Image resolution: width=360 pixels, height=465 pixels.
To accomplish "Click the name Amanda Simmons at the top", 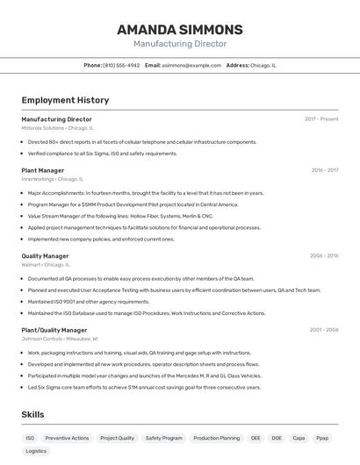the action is (x=180, y=30).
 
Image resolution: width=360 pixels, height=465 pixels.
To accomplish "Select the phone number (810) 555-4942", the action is (x=121, y=66).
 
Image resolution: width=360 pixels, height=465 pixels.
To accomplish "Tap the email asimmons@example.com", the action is (x=191, y=66).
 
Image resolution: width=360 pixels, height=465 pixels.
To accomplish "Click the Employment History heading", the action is (x=65, y=101).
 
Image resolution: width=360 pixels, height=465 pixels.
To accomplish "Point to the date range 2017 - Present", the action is (x=321, y=119).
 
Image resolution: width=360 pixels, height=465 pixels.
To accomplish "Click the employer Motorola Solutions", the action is (x=43, y=128).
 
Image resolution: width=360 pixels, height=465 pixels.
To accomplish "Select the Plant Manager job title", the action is (x=42, y=170).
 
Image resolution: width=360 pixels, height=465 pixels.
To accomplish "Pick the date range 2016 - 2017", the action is (x=324, y=170).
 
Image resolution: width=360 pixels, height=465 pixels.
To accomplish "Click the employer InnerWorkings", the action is (x=38, y=179).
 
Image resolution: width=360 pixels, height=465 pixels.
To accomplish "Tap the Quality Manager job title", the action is (x=45, y=256).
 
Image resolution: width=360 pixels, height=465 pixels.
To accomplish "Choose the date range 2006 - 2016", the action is (x=324, y=256).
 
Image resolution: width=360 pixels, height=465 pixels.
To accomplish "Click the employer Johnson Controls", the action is (x=42, y=339).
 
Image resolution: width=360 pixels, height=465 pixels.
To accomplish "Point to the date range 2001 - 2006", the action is (x=324, y=330).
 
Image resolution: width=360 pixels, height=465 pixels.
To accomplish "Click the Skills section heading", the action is (x=33, y=415).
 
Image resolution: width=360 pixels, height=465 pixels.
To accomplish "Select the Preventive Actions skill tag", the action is (x=67, y=438).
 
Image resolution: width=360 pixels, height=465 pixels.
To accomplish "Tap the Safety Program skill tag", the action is (x=164, y=438).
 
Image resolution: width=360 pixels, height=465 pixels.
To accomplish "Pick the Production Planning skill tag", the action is (x=216, y=438).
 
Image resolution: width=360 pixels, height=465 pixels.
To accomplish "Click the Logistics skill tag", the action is (x=36, y=451).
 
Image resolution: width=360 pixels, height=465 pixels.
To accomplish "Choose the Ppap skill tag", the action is (x=323, y=438).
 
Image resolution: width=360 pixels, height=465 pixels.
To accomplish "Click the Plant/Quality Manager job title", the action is (x=54, y=330).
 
